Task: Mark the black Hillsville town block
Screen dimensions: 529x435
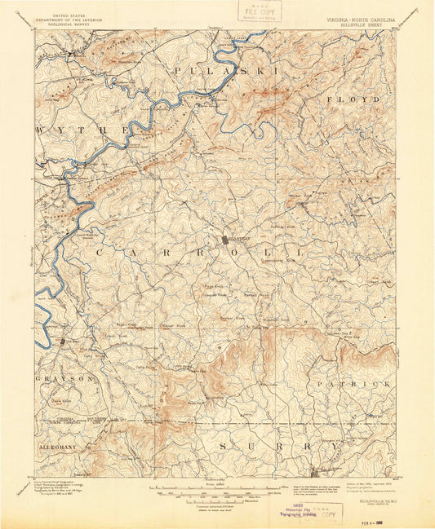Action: point(226,239)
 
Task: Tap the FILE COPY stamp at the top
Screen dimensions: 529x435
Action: point(256,12)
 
